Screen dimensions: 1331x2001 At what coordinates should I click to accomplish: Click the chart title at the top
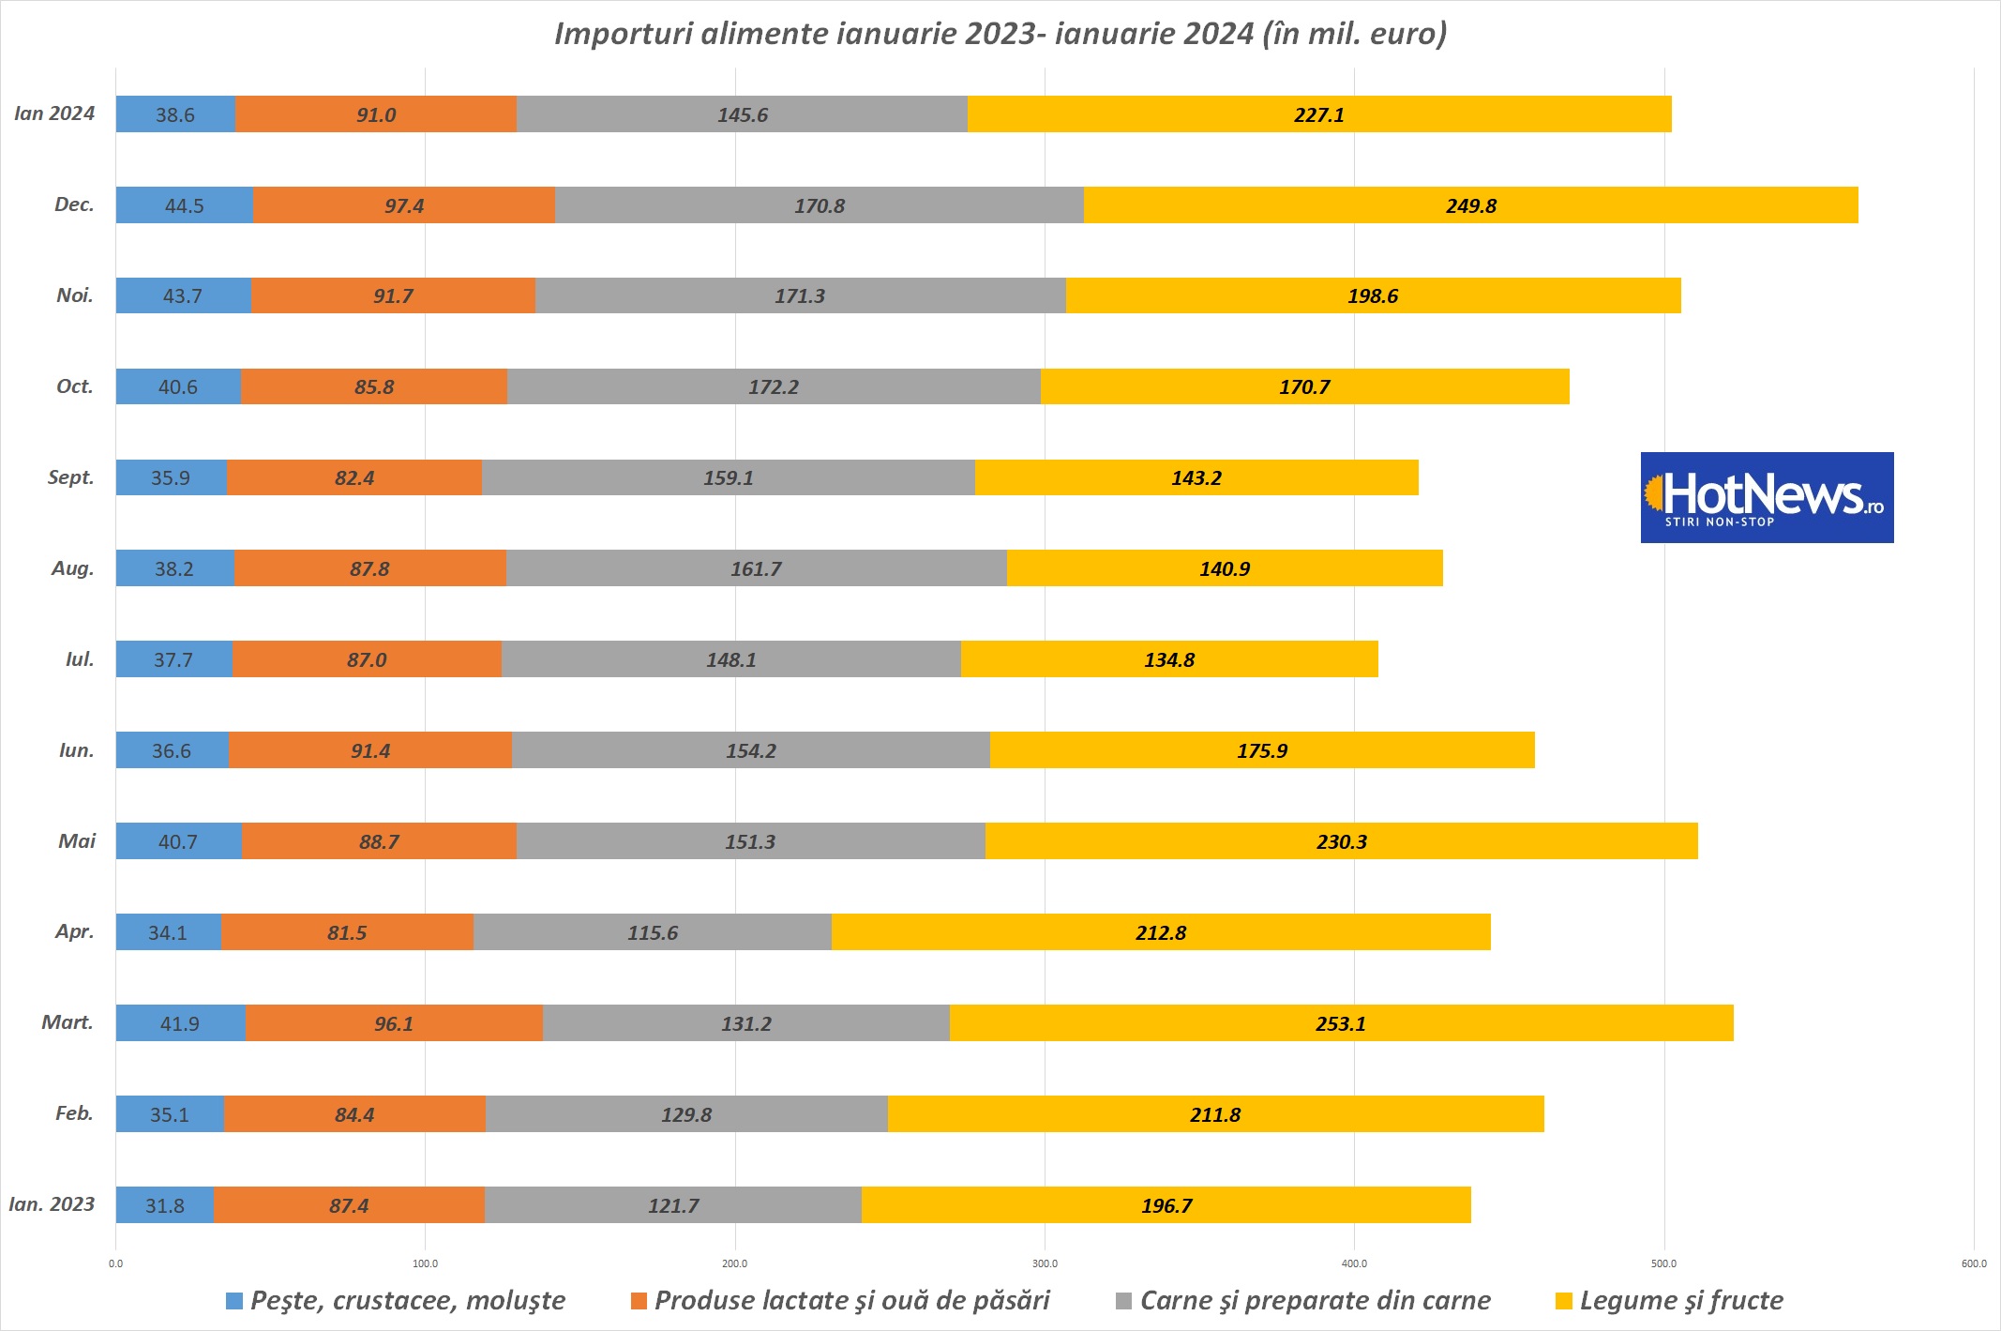pyautogui.click(x=1000, y=34)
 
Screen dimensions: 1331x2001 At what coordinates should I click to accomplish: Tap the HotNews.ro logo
pyautogui.click(x=1767, y=497)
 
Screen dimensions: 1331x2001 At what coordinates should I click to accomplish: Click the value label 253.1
pyautogui.click(x=1340, y=1023)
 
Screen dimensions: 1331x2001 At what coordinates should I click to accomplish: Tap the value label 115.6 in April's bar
pyautogui.click(x=653, y=932)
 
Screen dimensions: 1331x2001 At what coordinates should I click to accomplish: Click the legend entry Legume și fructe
pyautogui.click(x=1680, y=1300)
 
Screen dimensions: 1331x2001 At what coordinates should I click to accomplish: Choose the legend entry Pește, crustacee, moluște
pyautogui.click(x=407, y=1300)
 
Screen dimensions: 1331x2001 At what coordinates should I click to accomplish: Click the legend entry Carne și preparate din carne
pyautogui.click(x=1315, y=1300)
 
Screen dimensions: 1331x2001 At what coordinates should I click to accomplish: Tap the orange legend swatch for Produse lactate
pyautogui.click(x=639, y=1301)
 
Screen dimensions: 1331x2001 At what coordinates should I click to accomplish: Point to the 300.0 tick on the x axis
pyautogui.click(x=1045, y=1263)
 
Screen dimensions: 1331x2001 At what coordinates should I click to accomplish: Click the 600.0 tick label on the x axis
pyautogui.click(x=1973, y=1263)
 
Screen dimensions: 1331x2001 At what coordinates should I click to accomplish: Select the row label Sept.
pyautogui.click(x=71, y=477)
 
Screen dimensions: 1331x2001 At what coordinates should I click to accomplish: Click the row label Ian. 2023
pyautogui.click(x=52, y=1204)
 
